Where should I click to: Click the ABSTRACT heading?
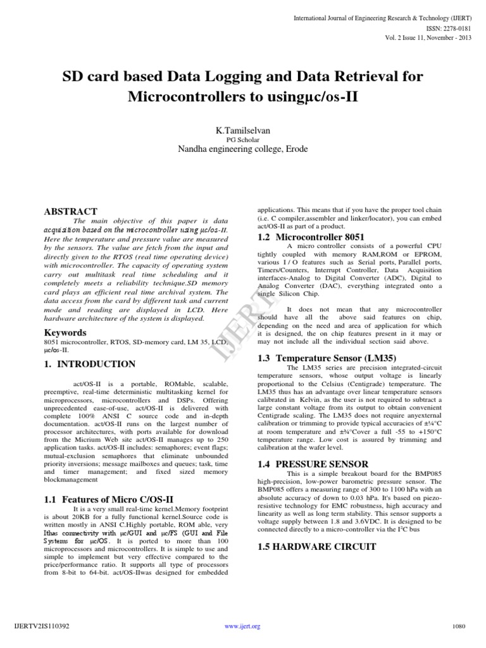click(x=70, y=211)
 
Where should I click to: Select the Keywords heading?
click(x=65, y=332)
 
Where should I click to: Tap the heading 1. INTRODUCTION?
click(x=89, y=364)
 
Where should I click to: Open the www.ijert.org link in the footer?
click(x=243, y=626)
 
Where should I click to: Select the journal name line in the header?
click(x=380, y=18)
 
